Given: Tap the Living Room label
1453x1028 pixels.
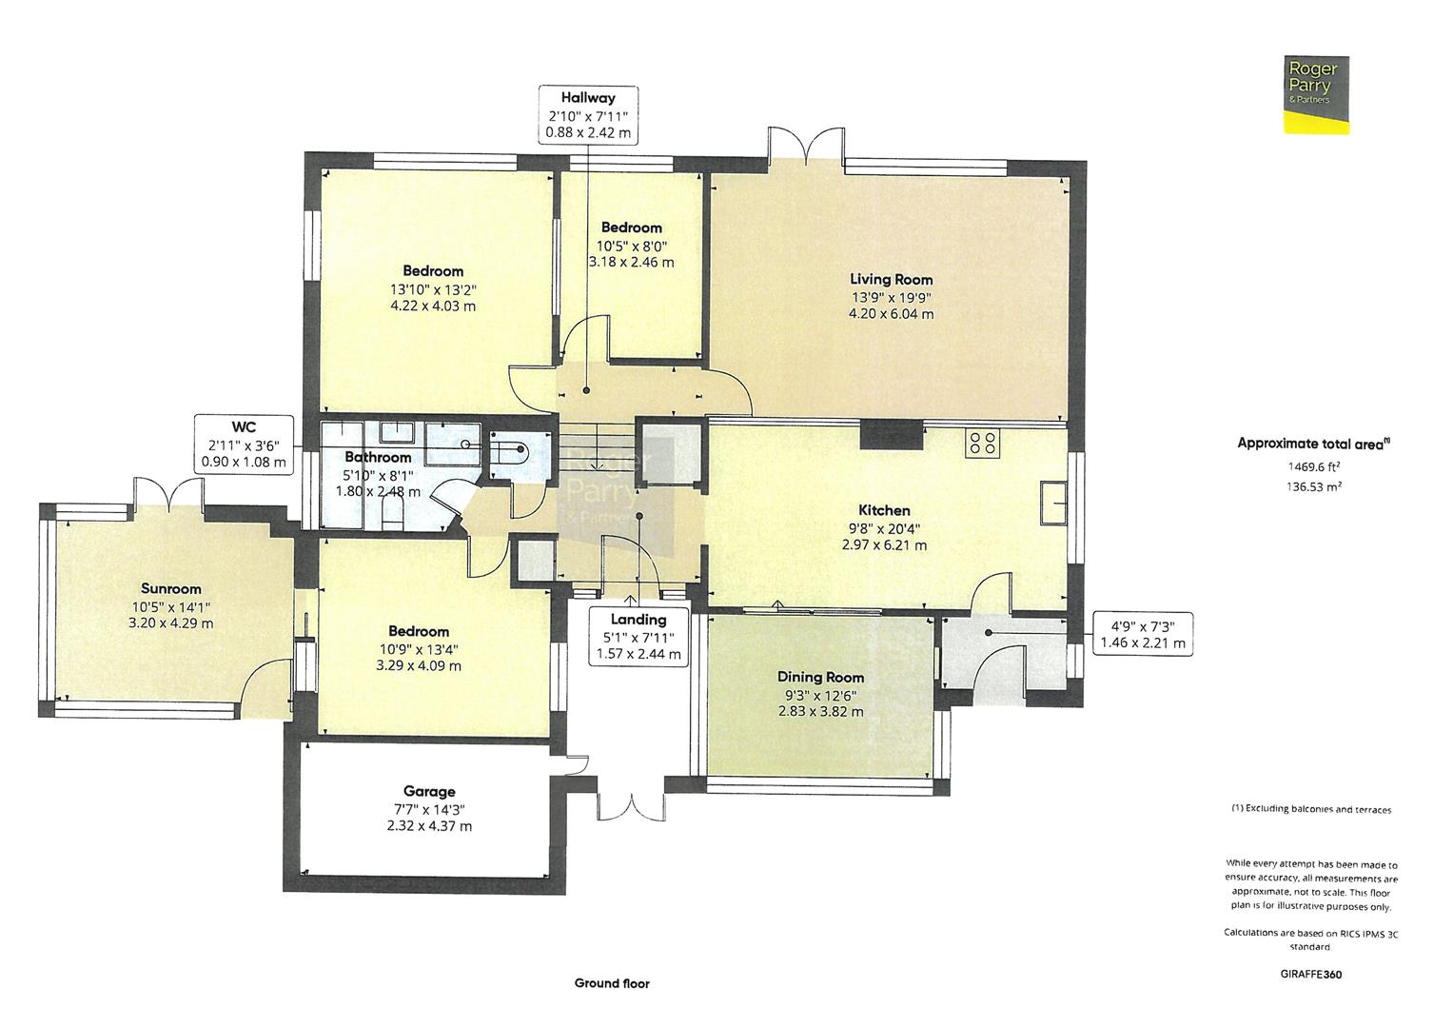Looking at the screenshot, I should click(891, 280).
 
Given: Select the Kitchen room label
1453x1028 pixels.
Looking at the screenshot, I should click(884, 511).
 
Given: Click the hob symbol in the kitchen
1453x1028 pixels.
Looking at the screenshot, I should click(983, 443).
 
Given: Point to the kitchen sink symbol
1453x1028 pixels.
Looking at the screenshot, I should click(1052, 503).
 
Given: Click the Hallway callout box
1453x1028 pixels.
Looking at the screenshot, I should click(587, 115).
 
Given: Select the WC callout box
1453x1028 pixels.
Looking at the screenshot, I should click(243, 445).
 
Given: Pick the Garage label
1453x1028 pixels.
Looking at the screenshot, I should click(429, 791).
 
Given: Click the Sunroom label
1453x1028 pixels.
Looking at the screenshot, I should click(171, 589).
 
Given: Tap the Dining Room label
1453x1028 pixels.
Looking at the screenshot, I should click(820, 677).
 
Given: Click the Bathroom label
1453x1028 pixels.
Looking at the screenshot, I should click(378, 458).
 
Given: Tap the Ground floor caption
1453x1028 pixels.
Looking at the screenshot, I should click(612, 983).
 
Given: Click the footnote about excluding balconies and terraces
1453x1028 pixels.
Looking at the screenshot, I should click(1311, 809).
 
